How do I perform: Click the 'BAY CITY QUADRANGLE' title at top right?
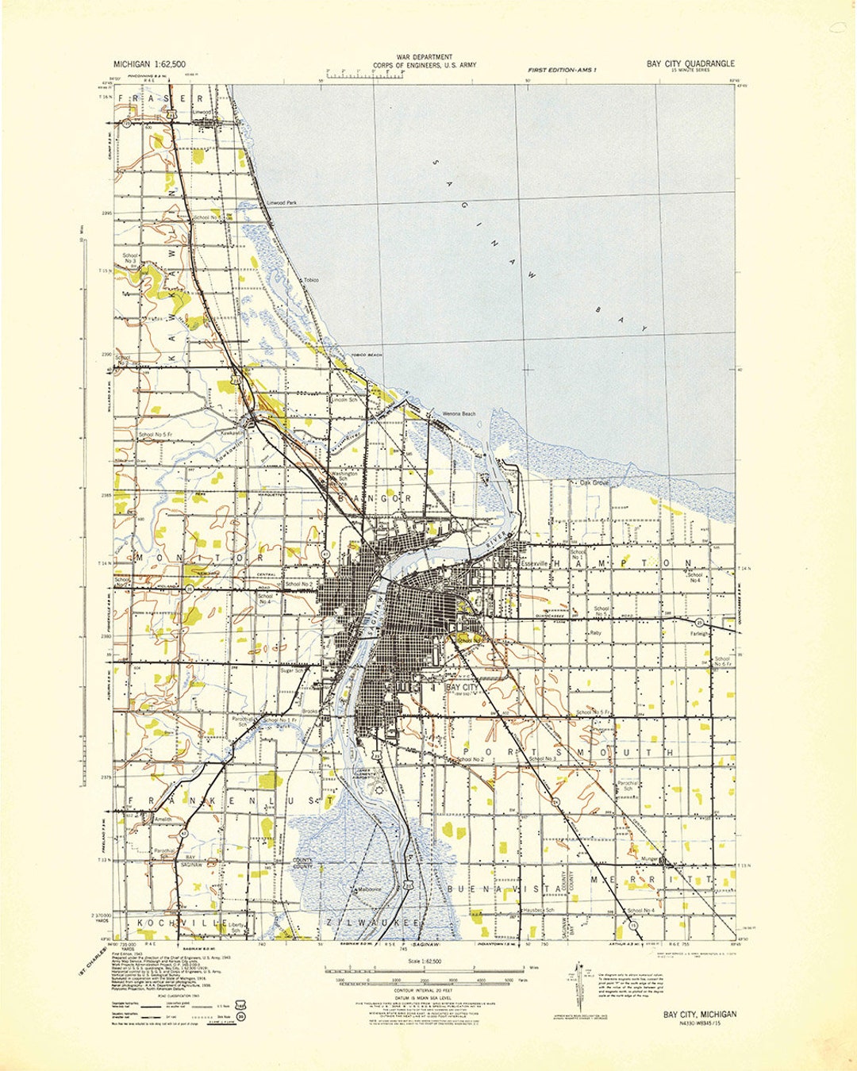tap(690, 63)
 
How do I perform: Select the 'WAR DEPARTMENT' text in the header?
tap(425, 57)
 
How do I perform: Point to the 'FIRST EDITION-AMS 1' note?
tap(562, 71)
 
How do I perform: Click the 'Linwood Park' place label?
tap(282, 203)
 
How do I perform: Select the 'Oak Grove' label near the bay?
tap(594, 482)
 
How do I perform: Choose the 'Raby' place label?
tap(595, 633)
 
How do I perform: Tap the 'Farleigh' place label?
tap(699, 634)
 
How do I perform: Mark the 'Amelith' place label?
tap(163, 819)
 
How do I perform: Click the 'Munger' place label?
tap(650, 859)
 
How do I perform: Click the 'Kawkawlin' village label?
tap(231, 436)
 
